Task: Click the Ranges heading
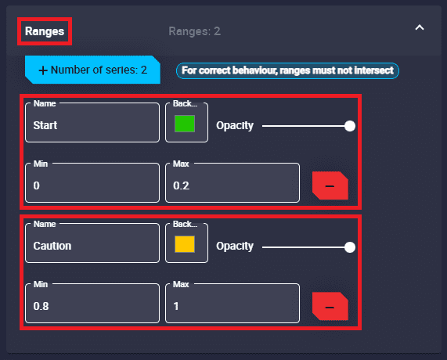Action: [x=45, y=31]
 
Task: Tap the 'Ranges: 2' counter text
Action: [x=194, y=31]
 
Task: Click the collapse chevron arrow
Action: [x=420, y=27]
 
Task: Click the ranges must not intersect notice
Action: [x=287, y=70]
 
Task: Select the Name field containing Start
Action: [x=92, y=123]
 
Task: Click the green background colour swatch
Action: [x=185, y=124]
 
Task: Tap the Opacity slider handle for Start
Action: [x=350, y=126]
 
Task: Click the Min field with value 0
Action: [x=92, y=182]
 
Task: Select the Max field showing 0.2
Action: [x=233, y=182]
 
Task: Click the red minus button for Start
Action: [x=330, y=185]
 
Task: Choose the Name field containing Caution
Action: [x=92, y=243]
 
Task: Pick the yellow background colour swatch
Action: [x=185, y=244]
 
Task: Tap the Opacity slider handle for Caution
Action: [x=350, y=247]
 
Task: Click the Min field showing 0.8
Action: [x=92, y=304]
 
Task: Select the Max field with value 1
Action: [x=233, y=304]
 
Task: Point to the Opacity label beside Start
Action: [x=235, y=126]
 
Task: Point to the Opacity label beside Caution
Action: [x=235, y=247]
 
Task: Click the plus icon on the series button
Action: [x=43, y=70]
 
